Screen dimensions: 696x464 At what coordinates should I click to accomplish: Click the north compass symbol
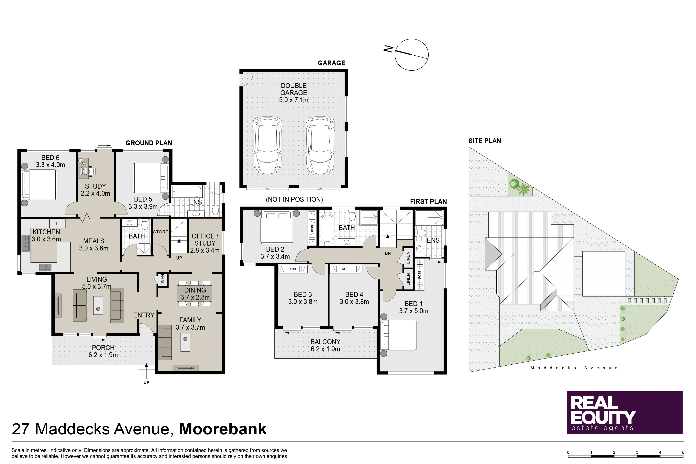pyautogui.click(x=411, y=55)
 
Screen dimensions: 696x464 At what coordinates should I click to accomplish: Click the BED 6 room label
pyautogui.click(x=50, y=161)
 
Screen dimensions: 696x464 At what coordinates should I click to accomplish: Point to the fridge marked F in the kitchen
pyautogui.click(x=57, y=223)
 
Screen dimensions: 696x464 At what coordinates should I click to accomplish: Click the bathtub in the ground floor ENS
pyautogui.click(x=187, y=192)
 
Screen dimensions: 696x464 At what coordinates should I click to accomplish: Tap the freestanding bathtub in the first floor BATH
pyautogui.click(x=327, y=228)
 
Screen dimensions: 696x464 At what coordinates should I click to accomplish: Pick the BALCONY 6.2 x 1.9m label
pyautogui.click(x=325, y=345)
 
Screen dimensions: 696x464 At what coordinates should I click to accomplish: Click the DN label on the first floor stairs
pyautogui.click(x=388, y=253)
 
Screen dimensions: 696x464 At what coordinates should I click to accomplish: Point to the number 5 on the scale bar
pyautogui.click(x=683, y=452)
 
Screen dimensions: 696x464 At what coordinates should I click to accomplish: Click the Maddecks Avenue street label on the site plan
pyautogui.click(x=574, y=368)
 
